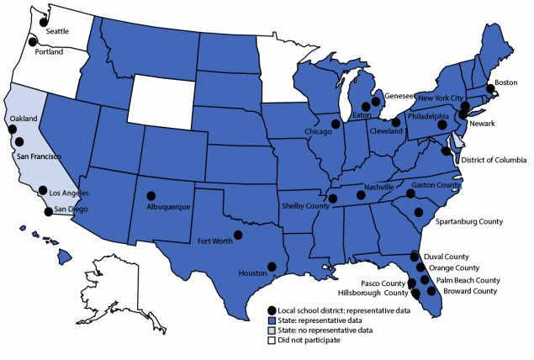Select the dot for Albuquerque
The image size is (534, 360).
[x=151, y=193]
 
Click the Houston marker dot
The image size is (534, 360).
[x=272, y=267]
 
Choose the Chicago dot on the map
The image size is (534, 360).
[x=336, y=124]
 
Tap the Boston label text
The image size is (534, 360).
[x=505, y=82]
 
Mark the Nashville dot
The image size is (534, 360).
[x=362, y=196]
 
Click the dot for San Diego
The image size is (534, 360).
[x=49, y=211]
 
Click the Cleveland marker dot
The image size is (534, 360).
[x=395, y=123]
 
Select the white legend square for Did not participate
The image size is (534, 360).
[x=272, y=341]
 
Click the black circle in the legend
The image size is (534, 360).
[x=272, y=311]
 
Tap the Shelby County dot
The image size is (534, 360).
[x=333, y=199]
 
